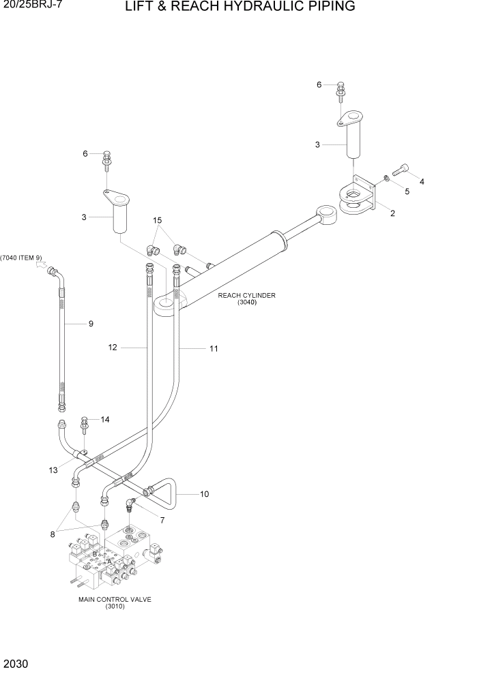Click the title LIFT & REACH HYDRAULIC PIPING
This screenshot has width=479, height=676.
(239, 7)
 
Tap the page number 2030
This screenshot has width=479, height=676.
(15, 663)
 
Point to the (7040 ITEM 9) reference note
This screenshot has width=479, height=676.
(21, 258)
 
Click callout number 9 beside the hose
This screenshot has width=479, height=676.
(90, 324)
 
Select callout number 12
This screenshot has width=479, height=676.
(113, 348)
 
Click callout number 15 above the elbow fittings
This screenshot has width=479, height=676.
(158, 220)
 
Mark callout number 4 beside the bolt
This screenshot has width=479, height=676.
(422, 182)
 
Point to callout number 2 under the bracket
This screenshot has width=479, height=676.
(393, 213)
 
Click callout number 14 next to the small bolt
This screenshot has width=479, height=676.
(105, 419)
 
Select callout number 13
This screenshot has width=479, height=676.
(53, 470)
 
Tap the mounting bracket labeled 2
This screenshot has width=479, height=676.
(358, 198)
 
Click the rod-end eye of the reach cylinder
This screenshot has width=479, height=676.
(326, 216)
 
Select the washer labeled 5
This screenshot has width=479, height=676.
(386, 179)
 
